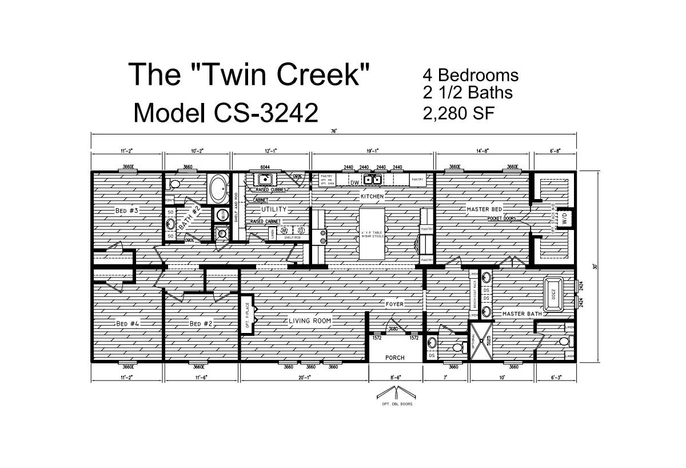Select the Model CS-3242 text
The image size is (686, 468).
point(225,113)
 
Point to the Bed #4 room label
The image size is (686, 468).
point(128,324)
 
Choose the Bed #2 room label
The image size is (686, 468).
point(201,324)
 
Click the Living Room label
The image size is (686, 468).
point(310,321)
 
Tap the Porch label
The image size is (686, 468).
point(394,358)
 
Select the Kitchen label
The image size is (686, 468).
point(372,196)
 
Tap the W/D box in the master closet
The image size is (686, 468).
point(565,218)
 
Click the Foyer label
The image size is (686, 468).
point(394,304)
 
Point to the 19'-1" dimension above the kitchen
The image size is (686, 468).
point(372,150)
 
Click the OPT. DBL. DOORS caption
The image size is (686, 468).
point(394,404)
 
